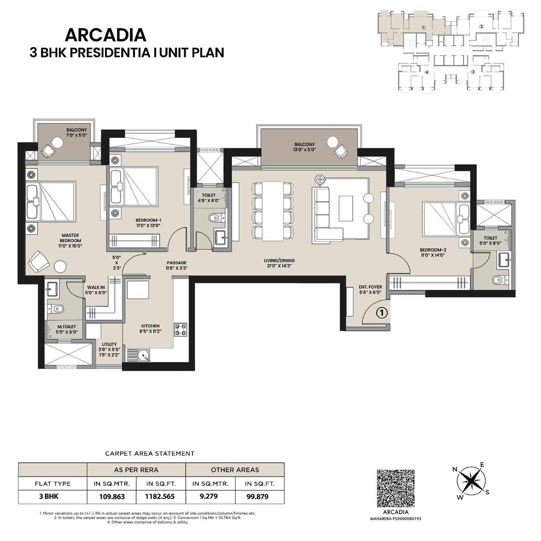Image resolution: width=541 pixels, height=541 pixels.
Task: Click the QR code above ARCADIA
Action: pos(396,488)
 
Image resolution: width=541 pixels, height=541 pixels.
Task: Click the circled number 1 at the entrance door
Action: pos(382,312)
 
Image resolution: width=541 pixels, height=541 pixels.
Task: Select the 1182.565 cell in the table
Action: pos(160,497)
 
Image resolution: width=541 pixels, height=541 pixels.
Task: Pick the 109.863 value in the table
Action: pos(112,497)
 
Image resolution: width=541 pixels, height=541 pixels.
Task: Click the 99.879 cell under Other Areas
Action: pos(257,497)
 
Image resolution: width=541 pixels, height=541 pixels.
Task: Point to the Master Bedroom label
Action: pos(70,241)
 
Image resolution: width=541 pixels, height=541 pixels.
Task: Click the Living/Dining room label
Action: pos(279,263)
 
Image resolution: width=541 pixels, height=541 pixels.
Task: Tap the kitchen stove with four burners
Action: pos(180,329)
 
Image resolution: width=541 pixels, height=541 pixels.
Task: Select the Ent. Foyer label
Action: pos(370,290)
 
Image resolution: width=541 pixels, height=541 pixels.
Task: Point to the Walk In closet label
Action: pos(96,290)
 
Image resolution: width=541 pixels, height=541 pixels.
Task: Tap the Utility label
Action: pos(109,349)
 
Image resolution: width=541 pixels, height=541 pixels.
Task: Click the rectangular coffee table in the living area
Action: pos(346,208)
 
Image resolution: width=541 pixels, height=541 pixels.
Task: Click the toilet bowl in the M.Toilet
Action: pos(56,309)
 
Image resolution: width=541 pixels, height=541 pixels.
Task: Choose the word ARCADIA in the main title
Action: pos(105,35)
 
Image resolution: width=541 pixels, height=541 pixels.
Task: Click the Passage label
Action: pos(176,265)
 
